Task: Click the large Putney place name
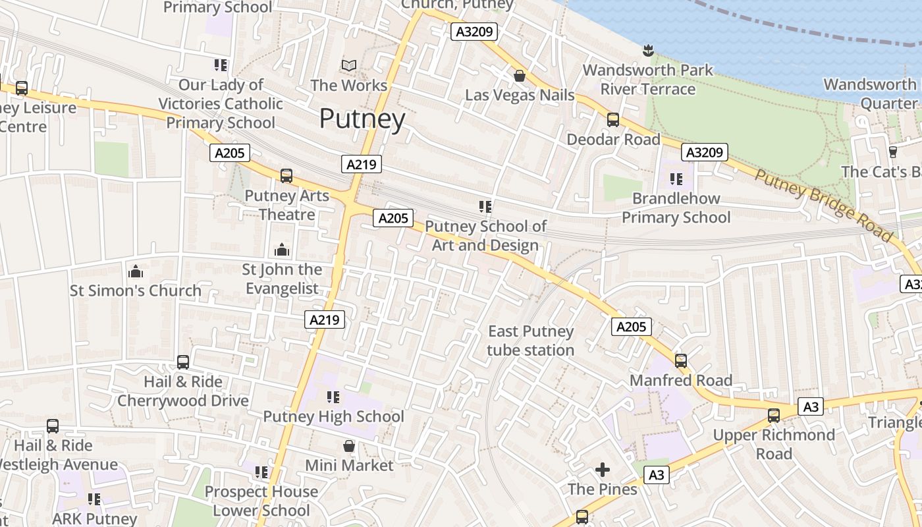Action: (x=362, y=119)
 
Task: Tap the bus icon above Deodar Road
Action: (x=612, y=120)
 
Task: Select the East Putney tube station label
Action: (x=530, y=341)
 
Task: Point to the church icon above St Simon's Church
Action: (x=136, y=271)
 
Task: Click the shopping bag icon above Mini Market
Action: (x=349, y=446)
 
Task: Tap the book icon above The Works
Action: (x=349, y=65)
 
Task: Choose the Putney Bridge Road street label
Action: (x=823, y=204)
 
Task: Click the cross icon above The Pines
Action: (x=602, y=470)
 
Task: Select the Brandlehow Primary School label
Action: (x=676, y=208)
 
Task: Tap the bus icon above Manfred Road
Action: (x=681, y=360)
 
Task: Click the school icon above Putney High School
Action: (x=333, y=397)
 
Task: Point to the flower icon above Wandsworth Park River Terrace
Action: (x=648, y=50)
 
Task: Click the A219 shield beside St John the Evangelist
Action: (x=325, y=320)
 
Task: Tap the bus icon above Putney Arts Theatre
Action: (x=286, y=176)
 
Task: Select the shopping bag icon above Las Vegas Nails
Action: (x=520, y=76)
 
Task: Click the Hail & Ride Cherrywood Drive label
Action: (x=183, y=391)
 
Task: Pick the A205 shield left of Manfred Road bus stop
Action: (x=631, y=326)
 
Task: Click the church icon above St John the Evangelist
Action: (x=282, y=250)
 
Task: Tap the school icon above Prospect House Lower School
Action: (x=261, y=472)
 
